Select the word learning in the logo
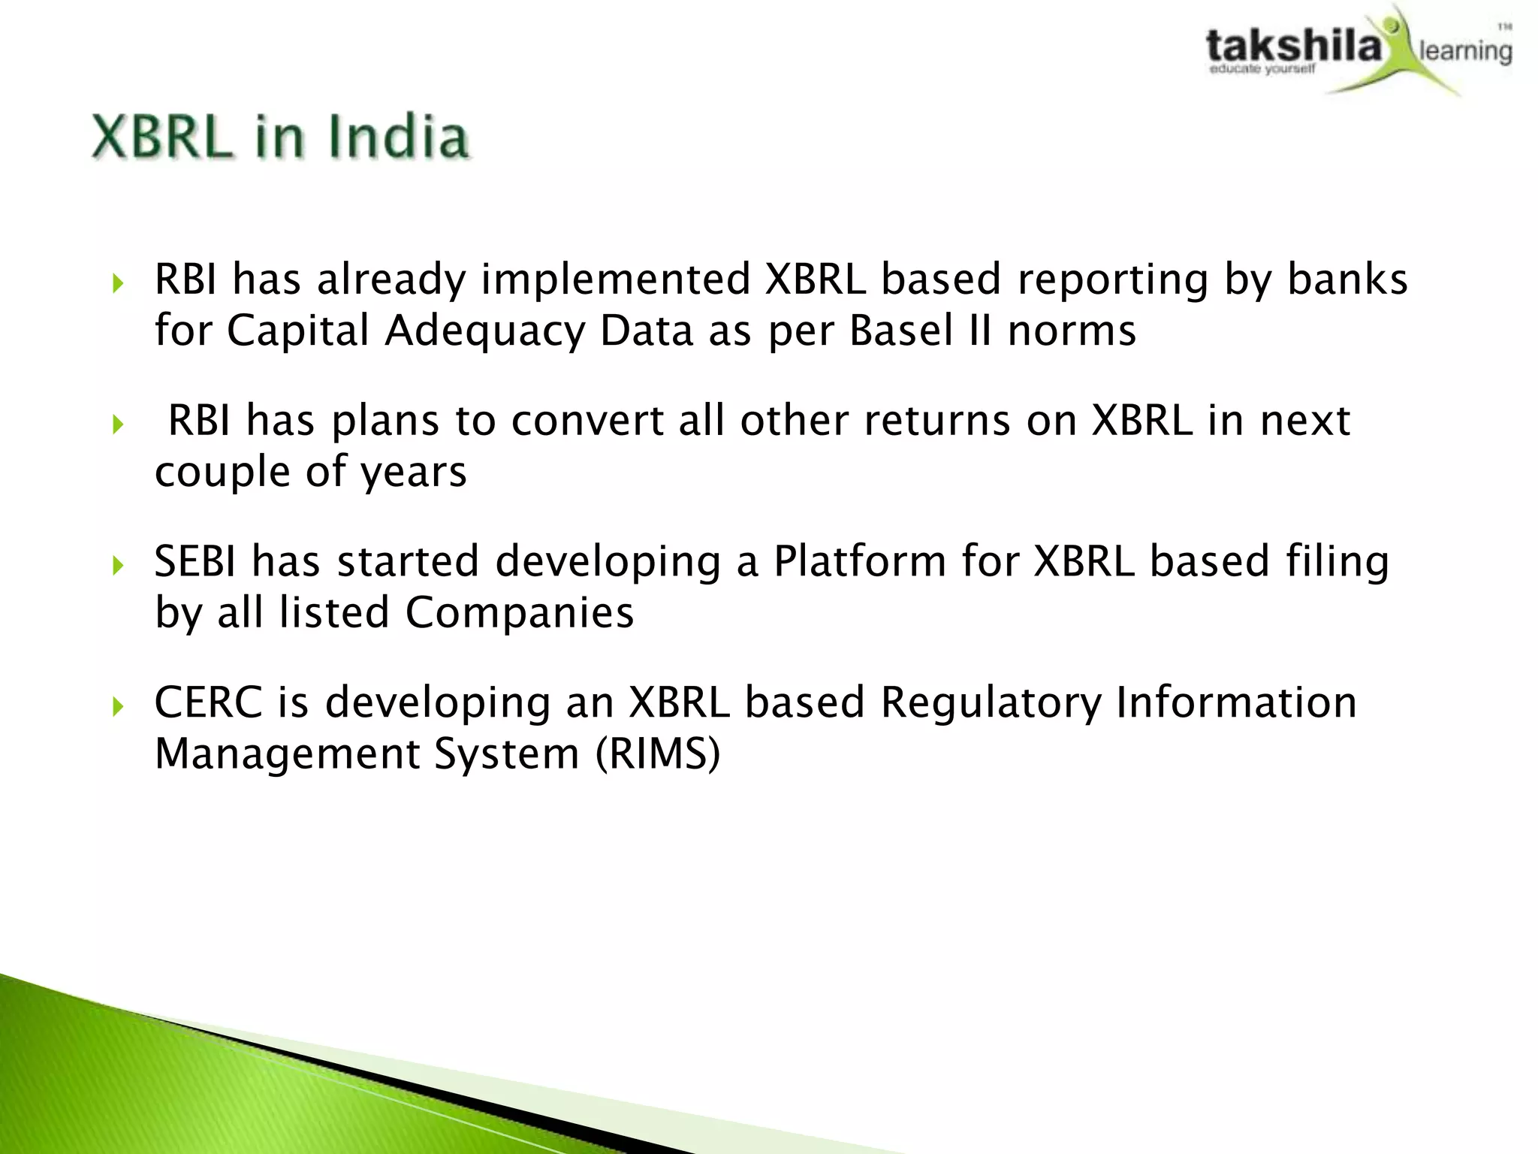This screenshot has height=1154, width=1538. click(x=1464, y=51)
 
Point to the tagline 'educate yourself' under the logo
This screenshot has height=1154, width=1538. click(x=1262, y=70)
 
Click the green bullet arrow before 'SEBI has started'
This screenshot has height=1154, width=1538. click(x=117, y=565)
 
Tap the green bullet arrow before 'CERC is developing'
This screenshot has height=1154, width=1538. click(x=117, y=706)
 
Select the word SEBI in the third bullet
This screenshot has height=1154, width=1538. click(x=195, y=561)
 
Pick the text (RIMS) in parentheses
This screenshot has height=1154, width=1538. click(x=658, y=754)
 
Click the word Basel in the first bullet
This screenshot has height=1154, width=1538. click(x=901, y=331)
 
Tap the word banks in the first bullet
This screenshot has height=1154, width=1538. click(x=1347, y=279)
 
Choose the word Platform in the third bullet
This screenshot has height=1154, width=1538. click(x=860, y=561)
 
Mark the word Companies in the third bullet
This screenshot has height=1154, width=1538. click(x=520, y=613)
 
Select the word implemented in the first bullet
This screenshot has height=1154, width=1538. click(x=616, y=279)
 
